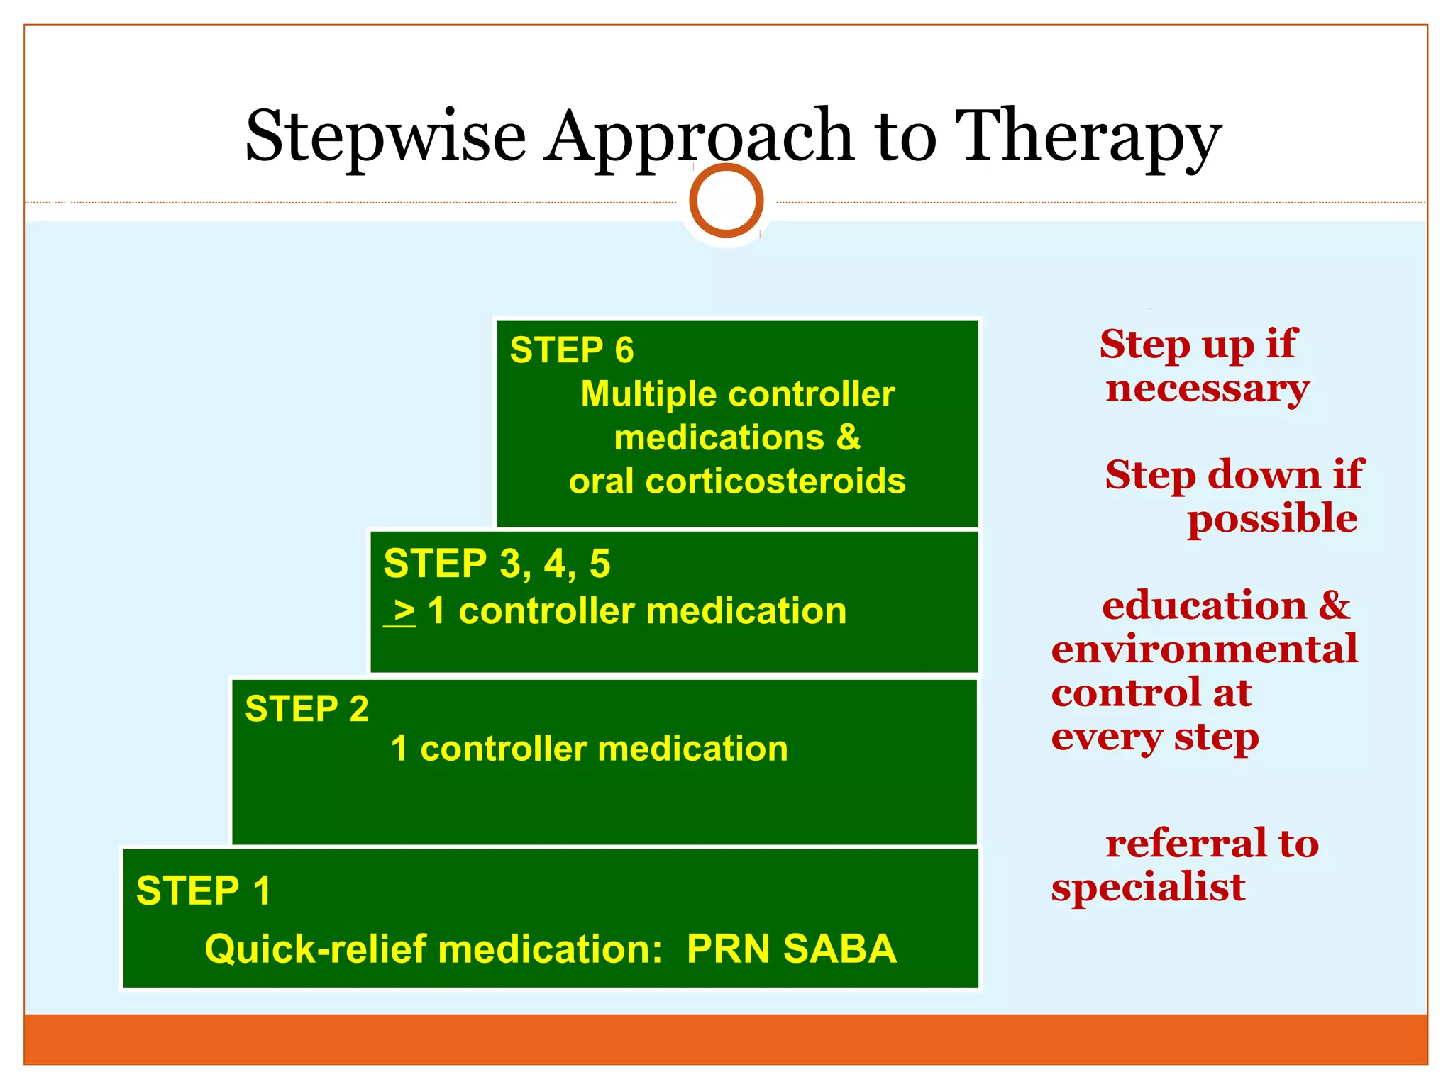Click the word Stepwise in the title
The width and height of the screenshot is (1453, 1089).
coord(385,136)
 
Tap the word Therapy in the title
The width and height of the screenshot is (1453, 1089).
coord(1088,136)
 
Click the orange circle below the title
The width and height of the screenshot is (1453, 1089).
coord(726,201)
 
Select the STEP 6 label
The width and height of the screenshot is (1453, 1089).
coord(572,350)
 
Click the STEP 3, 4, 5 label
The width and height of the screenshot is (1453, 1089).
coord(497,564)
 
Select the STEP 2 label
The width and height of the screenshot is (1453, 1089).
coord(306,709)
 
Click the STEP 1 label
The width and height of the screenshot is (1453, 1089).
coord(204,890)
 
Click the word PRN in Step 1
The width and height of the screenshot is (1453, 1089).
coord(728,949)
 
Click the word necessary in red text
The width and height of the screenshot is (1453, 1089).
coord(1207,389)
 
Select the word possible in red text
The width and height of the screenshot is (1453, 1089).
coord(1272,518)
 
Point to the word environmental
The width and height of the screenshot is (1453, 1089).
coord(1204,649)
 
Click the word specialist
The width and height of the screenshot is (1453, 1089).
coord(1147,888)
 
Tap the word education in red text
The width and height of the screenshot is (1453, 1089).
coord(1203,605)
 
